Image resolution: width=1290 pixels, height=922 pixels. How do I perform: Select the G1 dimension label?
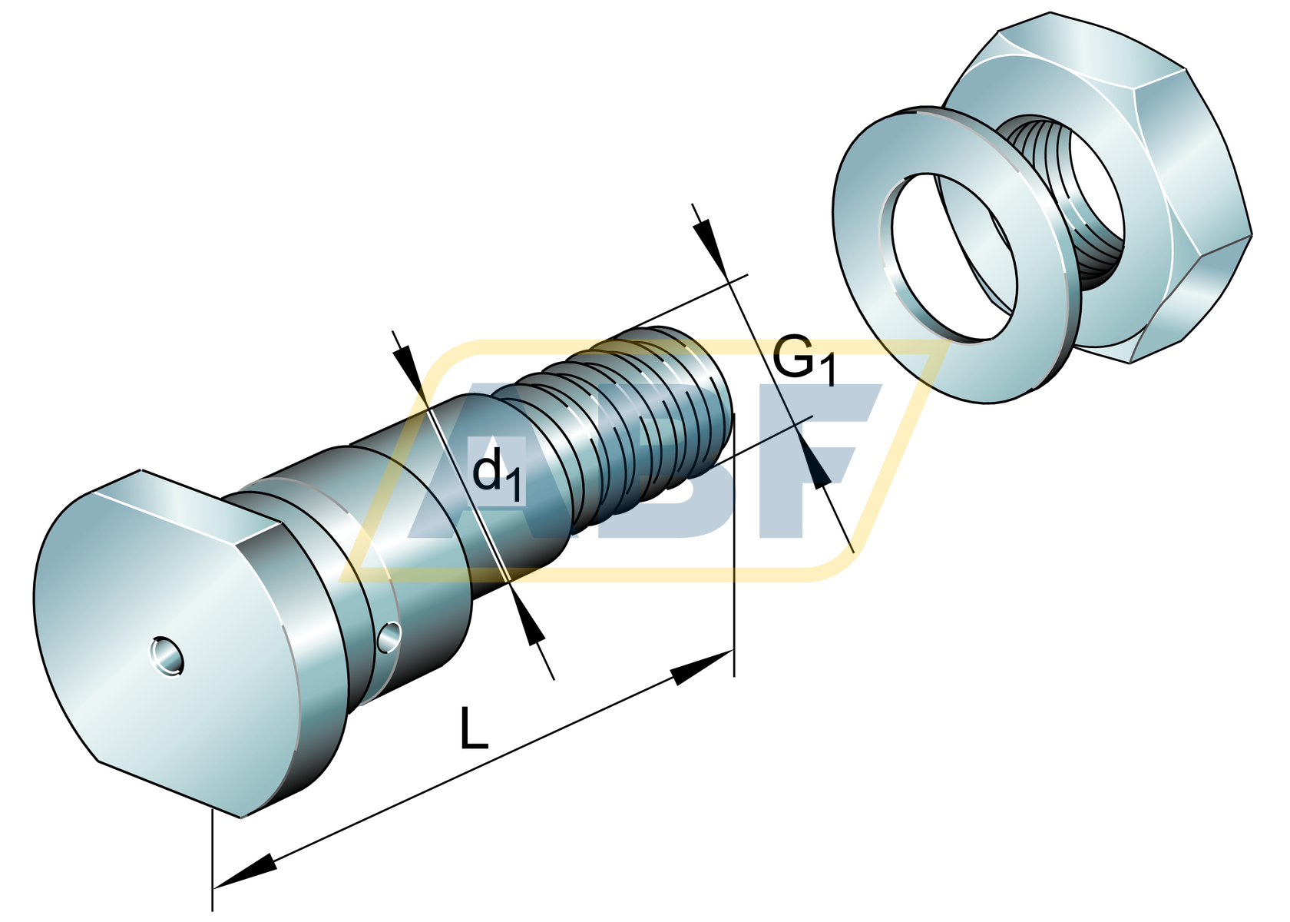click(x=803, y=360)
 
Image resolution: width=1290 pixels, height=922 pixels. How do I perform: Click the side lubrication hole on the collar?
click(x=389, y=636)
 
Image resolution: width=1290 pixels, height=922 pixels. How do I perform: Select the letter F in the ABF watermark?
click(x=814, y=461)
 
